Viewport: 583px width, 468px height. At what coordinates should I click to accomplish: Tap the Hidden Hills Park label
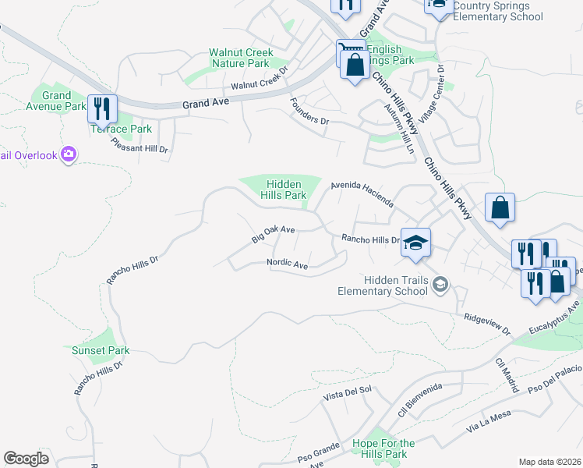tap(284, 188)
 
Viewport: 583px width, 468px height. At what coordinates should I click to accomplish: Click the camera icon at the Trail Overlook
tap(69, 154)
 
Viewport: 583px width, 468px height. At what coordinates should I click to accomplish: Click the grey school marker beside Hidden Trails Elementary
tap(442, 285)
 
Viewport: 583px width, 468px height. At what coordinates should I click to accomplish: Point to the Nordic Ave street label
tap(288, 264)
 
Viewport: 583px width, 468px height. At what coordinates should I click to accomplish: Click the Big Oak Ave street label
tap(273, 234)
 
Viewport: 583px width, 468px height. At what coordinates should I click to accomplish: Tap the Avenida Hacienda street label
tap(362, 193)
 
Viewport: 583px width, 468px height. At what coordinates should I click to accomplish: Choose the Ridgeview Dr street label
tap(486, 324)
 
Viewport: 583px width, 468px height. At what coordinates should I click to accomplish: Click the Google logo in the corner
tap(26, 458)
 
